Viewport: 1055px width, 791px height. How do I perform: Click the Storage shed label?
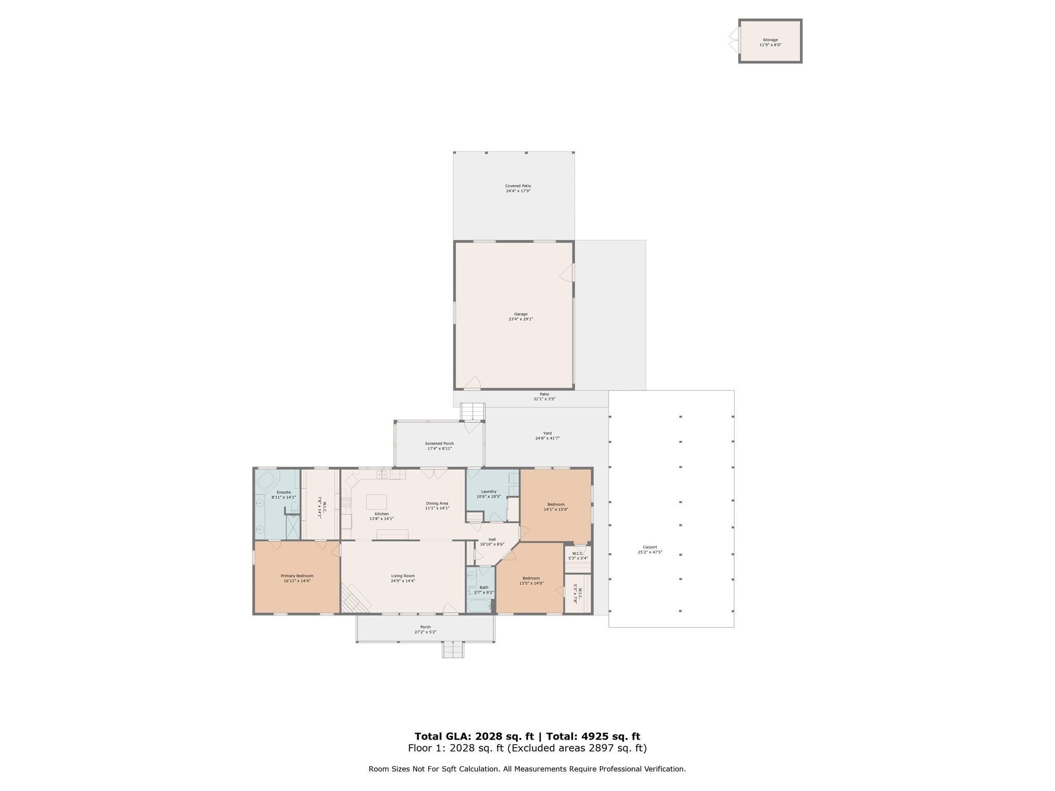pyautogui.click(x=770, y=40)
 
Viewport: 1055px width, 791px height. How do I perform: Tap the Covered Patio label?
pyautogui.click(x=518, y=186)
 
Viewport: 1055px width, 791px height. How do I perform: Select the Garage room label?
pyautogui.click(x=521, y=314)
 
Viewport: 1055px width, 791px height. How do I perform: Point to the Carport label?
pyautogui.click(x=650, y=547)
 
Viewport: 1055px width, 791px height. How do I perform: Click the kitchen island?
pyautogui.click(x=376, y=502)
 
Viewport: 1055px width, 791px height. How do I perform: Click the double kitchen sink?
pyautogui.click(x=381, y=475)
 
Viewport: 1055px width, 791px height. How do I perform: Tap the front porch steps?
pyautogui.click(x=453, y=650)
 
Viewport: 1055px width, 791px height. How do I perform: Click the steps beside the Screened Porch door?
pyautogui.click(x=473, y=411)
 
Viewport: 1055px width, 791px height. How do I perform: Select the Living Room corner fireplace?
pyautogui.click(x=355, y=598)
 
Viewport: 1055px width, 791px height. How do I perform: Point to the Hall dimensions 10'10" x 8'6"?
pyautogui.click(x=492, y=544)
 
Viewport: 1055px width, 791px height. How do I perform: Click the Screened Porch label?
pyautogui.click(x=439, y=443)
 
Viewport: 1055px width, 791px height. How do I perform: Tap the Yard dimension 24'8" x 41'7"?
pyautogui.click(x=547, y=438)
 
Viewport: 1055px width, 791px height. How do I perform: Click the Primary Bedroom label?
pyautogui.click(x=297, y=576)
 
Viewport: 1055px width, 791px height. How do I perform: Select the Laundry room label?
pyautogui.click(x=488, y=491)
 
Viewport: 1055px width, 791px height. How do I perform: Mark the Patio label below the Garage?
pyautogui.click(x=544, y=394)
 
